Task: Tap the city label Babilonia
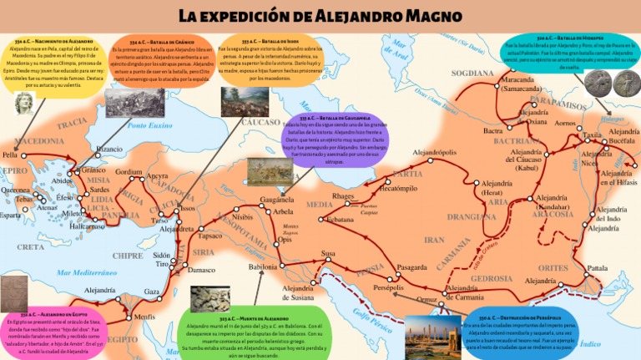pyautogui.click(x=262, y=266)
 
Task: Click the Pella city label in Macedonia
pyautogui.click(x=10, y=155)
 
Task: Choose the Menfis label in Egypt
pyautogui.click(x=144, y=317)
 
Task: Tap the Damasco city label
pyautogui.click(x=201, y=271)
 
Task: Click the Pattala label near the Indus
pyautogui.click(x=598, y=268)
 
